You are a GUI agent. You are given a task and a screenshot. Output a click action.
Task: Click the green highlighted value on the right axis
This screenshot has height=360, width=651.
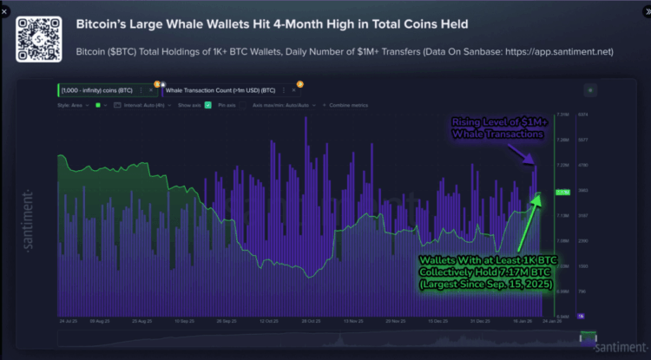click(x=562, y=192)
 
